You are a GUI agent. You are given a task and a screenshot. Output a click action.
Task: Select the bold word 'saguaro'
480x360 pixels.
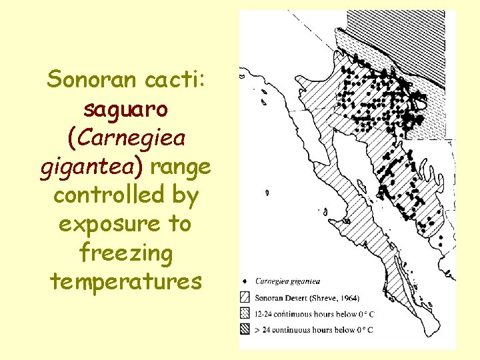(x=125, y=109)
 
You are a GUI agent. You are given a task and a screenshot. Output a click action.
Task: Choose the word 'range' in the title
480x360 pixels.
(x=181, y=167)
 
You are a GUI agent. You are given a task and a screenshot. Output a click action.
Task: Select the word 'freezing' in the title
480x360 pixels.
(x=125, y=253)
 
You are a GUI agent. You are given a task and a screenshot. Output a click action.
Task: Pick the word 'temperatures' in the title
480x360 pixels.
(x=125, y=281)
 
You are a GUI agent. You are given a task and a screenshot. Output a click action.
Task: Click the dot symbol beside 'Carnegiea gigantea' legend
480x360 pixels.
(x=245, y=281)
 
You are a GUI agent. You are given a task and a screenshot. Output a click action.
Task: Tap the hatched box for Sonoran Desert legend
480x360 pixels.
(x=245, y=297)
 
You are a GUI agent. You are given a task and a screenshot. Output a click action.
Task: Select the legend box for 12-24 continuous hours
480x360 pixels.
(x=245, y=313)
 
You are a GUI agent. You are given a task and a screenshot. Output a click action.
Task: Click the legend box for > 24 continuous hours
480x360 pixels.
(x=245, y=329)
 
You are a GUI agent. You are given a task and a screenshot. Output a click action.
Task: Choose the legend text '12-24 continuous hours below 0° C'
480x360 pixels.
(x=313, y=313)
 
